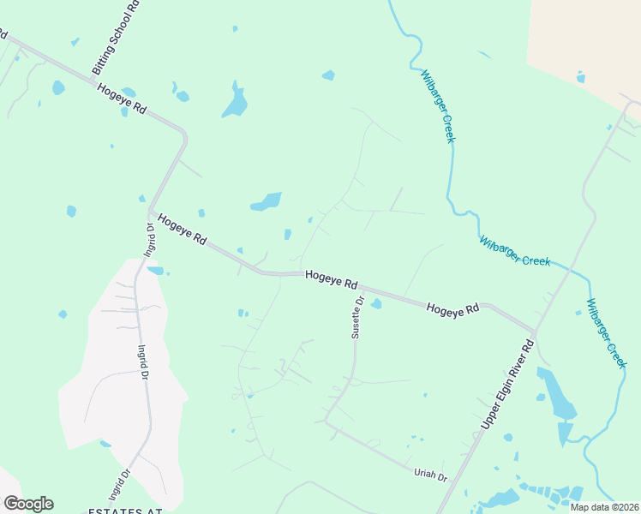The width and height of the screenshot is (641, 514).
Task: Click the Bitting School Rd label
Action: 115,38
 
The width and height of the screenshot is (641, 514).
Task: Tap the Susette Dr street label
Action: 358,317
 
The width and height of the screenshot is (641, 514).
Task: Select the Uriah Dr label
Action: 431,475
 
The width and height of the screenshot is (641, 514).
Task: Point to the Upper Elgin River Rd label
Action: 507,384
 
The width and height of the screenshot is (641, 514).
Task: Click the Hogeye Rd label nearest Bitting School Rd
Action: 122,99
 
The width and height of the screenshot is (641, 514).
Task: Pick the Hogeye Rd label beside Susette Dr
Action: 331,280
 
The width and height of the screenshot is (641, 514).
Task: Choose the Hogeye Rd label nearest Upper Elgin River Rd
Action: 452,309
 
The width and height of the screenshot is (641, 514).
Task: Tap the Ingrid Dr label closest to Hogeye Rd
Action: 149,240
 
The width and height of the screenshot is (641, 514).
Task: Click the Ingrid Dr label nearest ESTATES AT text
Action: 118,484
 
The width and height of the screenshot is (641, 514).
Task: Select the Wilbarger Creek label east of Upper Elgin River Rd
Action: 607,332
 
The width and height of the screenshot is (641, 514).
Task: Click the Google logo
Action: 28,503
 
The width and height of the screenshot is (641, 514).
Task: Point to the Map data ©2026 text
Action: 604,507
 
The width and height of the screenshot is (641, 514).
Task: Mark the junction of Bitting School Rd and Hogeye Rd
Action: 93,80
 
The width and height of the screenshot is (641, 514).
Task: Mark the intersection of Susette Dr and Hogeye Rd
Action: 360,289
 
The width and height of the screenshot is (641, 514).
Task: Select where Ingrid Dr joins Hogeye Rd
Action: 150,212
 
